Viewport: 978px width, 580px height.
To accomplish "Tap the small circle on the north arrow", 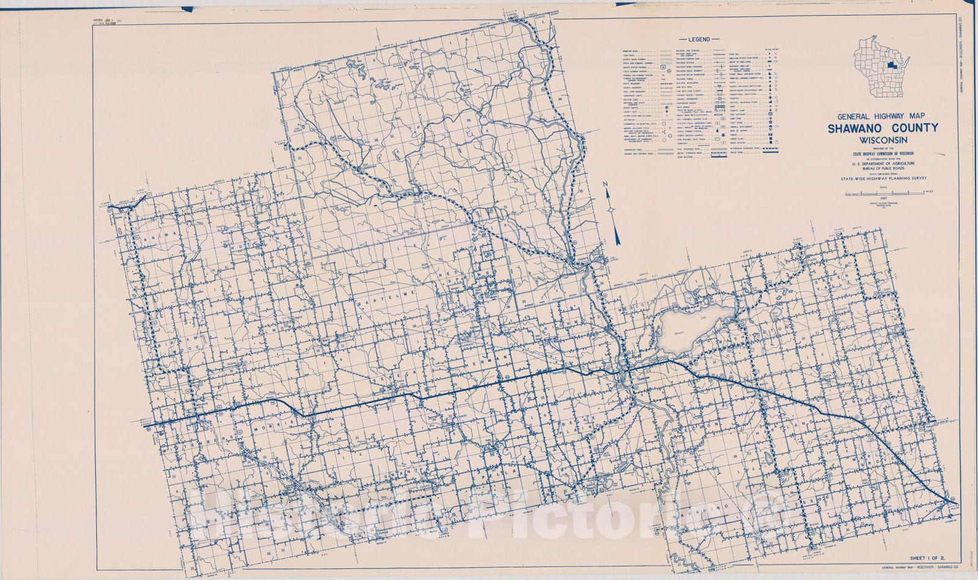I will pyautogui.click(x=611, y=210).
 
